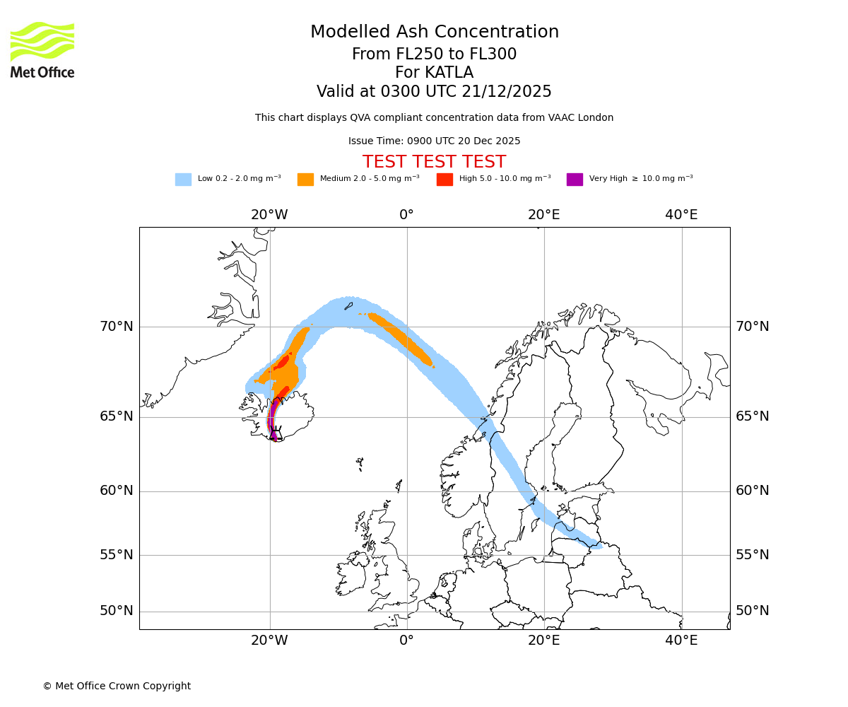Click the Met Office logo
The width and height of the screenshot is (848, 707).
(42, 49)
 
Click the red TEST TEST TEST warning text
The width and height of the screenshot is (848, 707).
(434, 162)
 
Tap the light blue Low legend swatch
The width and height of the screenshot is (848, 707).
(183, 179)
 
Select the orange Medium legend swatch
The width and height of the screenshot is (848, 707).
(305, 179)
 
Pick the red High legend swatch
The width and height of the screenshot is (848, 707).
(444, 179)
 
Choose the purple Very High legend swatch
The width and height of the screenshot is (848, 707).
(575, 179)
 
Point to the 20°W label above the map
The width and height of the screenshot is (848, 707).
(269, 215)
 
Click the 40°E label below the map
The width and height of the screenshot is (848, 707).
(681, 641)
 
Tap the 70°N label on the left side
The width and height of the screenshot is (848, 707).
(116, 327)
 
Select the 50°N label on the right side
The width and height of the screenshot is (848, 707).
(753, 611)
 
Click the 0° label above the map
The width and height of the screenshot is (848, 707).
(406, 215)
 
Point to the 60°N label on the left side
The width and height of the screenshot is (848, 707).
(116, 491)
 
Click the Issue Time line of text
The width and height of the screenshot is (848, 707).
(434, 141)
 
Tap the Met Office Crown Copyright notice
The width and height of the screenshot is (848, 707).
(117, 686)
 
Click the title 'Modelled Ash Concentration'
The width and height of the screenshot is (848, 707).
(434, 32)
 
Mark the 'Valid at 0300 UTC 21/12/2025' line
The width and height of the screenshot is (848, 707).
(434, 91)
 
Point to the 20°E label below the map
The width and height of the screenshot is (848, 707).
(543, 641)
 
